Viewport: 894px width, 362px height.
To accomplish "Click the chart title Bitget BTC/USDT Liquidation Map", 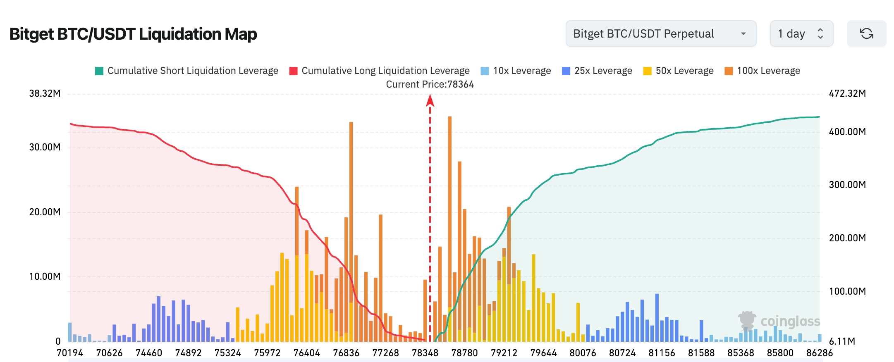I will pos(133,34).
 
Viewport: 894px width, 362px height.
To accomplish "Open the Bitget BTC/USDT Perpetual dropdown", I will pos(660,33).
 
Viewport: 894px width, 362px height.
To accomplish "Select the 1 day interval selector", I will pos(801,33).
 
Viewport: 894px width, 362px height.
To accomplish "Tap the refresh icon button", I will pos(866,33).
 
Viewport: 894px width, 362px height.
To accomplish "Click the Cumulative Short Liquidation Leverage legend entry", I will pos(186,71).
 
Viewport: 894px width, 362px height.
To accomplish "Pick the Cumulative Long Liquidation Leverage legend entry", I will pos(380,71).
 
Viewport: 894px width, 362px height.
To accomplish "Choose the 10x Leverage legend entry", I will pos(516,71).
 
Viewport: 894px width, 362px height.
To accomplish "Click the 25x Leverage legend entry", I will pos(597,71).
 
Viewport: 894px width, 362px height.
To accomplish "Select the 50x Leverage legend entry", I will pos(678,71).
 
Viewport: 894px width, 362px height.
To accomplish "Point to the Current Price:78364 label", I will pos(430,84).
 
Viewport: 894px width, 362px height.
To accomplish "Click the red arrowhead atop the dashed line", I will pos(430,100).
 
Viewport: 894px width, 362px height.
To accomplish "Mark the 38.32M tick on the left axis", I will pos(45,93).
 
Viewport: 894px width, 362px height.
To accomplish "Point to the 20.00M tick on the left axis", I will pos(45,212).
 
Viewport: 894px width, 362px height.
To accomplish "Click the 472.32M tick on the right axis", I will pos(847,93).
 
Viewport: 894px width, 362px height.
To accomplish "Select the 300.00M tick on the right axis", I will pos(847,185).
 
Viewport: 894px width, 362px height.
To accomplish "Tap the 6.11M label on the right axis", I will pos(842,341).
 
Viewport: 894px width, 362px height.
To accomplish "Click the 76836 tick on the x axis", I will pos(346,353).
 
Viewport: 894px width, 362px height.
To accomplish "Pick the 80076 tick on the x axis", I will pos(583,353).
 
